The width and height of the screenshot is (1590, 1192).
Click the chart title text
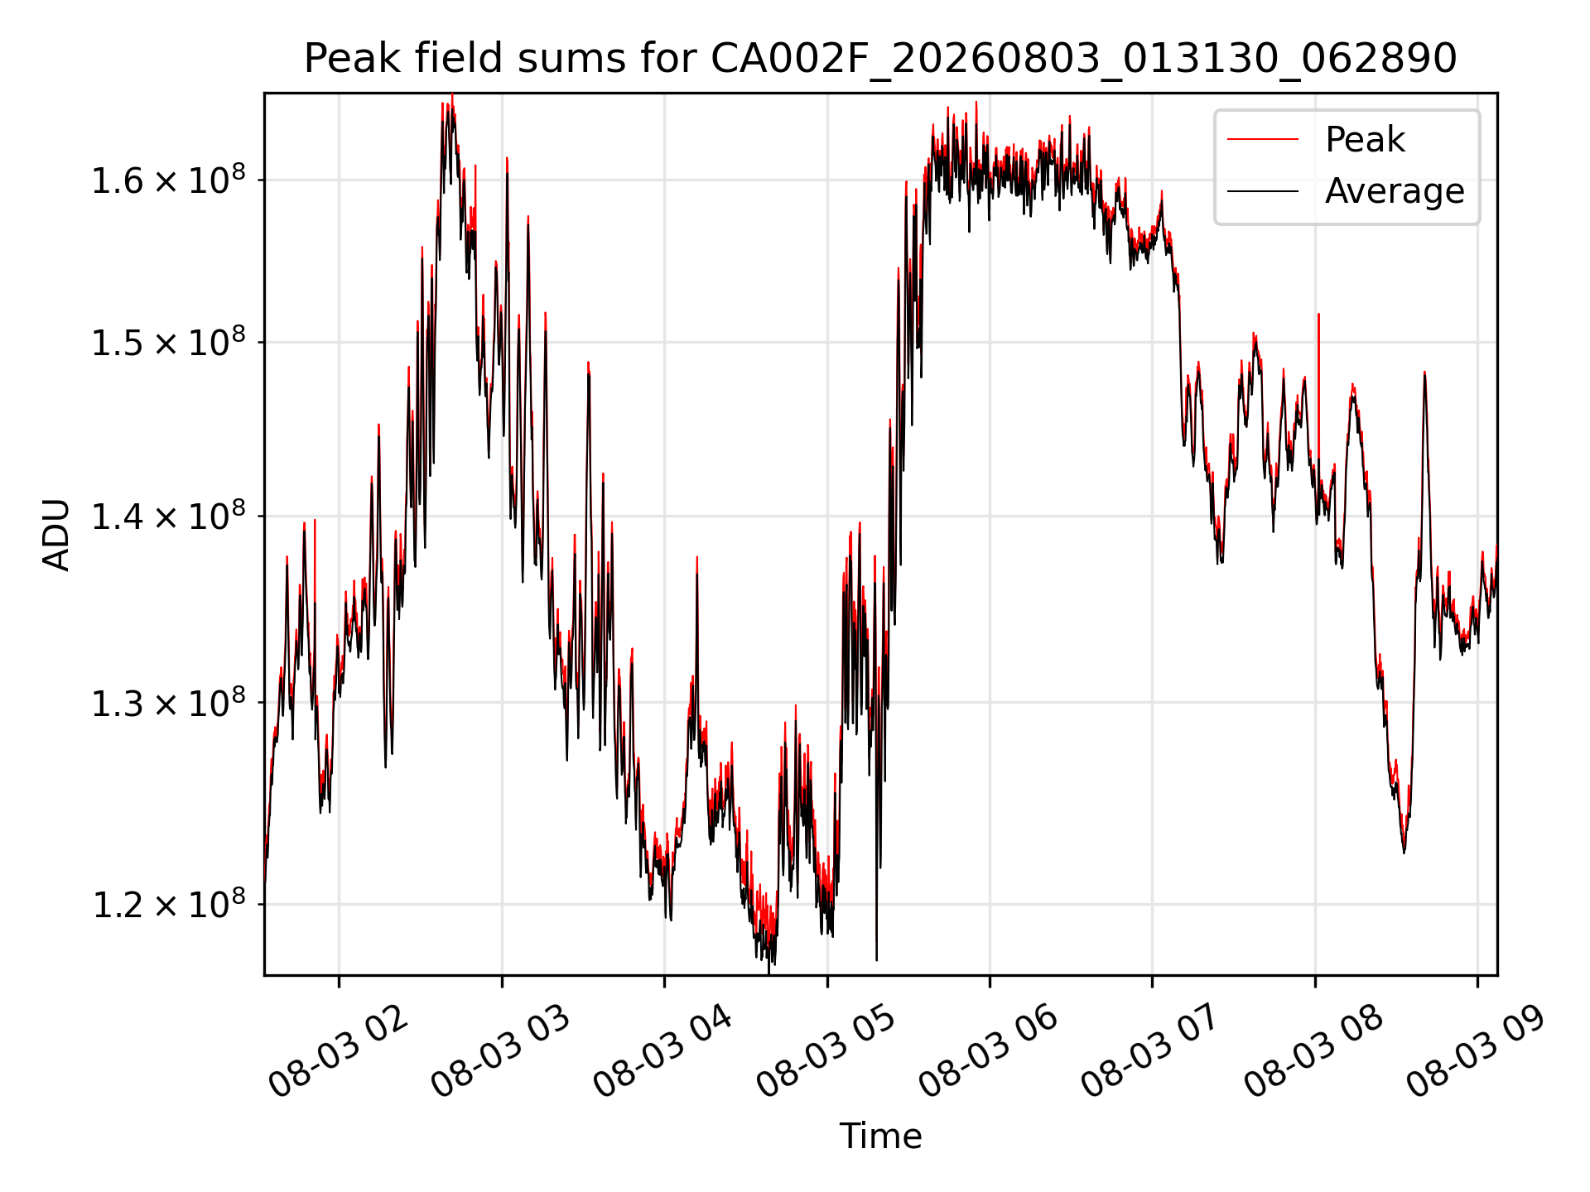click(x=880, y=59)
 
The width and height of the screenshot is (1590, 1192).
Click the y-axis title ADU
click(x=56, y=534)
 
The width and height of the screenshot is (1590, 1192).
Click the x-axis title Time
click(x=880, y=1136)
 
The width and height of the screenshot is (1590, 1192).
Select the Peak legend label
click(x=1365, y=139)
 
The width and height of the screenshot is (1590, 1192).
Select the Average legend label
click(x=1395, y=191)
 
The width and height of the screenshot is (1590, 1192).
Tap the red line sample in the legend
click(x=1262, y=139)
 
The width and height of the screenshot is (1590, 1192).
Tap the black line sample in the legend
click(x=1262, y=191)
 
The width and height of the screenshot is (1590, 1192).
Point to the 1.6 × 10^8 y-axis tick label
click(x=169, y=180)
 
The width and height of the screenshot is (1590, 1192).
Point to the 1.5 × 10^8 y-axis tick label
click(x=169, y=342)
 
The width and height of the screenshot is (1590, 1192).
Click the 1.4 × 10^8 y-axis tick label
click(x=169, y=516)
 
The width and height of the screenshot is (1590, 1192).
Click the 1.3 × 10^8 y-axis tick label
click(x=169, y=702)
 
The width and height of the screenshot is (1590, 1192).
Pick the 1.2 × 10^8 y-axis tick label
click(x=169, y=904)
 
